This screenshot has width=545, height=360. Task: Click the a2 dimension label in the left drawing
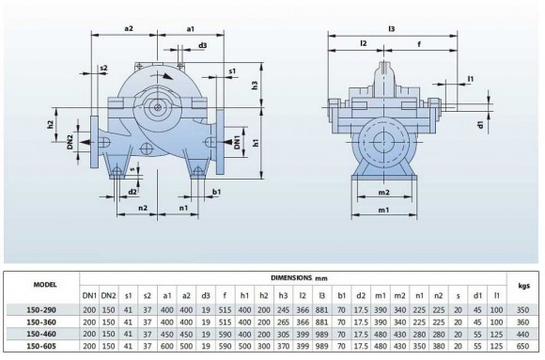129,29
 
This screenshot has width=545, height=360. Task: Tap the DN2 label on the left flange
70,140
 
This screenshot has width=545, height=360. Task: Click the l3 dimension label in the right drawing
390,29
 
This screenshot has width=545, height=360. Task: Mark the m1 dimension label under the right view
383,210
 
